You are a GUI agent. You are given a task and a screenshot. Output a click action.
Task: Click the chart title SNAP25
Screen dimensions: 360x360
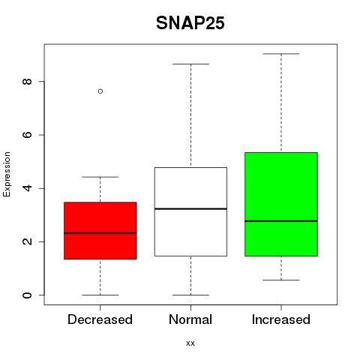click(190, 23)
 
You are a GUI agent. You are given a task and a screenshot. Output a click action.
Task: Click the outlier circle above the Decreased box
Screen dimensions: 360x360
click(100, 91)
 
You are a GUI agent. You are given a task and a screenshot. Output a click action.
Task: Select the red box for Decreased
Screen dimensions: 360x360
click(100, 231)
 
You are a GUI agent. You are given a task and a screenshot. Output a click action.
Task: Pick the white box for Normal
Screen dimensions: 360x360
click(190, 211)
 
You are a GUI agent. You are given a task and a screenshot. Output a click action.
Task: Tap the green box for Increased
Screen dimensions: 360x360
click(281, 204)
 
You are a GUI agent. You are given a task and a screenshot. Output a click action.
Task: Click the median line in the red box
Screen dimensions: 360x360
click(100, 233)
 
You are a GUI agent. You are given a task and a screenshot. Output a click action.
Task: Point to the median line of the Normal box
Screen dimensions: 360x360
click(190, 208)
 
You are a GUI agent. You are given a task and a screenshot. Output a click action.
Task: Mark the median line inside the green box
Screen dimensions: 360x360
click(281, 221)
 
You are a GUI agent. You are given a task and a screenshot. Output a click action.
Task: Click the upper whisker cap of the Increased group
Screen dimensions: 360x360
click(281, 54)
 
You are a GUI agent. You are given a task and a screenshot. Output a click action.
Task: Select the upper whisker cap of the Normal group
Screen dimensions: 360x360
click(190, 64)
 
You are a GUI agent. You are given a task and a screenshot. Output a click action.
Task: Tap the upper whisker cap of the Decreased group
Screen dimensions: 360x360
click(100, 177)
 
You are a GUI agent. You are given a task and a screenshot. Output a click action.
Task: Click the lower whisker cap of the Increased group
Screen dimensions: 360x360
click(281, 280)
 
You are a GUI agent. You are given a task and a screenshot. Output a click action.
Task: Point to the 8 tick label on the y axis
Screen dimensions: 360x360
click(27, 82)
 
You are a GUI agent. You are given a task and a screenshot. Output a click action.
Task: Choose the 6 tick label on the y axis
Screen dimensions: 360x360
click(27, 135)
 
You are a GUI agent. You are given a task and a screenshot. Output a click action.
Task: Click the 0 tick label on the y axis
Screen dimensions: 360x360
click(27, 295)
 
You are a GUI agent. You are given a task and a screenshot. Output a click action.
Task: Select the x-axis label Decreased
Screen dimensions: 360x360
click(100, 319)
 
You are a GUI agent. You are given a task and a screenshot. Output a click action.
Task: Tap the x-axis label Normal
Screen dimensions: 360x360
click(190, 319)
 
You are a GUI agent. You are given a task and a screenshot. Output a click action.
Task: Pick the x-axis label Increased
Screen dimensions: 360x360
click(281, 319)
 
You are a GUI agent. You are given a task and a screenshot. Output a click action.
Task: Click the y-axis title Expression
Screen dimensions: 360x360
click(7, 174)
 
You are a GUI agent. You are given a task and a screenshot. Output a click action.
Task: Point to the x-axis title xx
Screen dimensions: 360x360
click(190, 343)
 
